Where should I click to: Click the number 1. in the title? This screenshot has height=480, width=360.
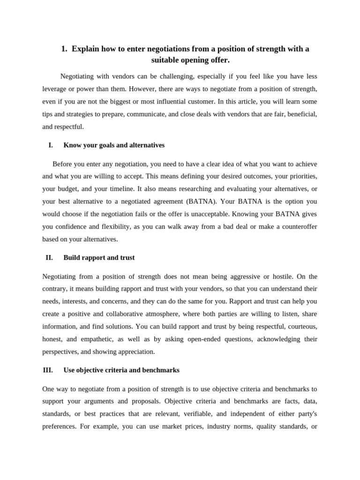[x=64, y=49]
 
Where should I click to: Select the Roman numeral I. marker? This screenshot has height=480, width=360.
[x=51, y=145]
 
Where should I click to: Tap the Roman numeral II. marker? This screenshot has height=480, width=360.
[x=49, y=258]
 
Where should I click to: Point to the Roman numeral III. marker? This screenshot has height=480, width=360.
[x=48, y=370]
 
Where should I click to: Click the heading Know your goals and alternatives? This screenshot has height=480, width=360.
[x=114, y=145]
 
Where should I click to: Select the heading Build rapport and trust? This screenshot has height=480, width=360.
[x=99, y=258]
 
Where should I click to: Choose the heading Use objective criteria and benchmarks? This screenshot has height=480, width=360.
[x=121, y=370]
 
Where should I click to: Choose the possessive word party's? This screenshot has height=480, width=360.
[x=304, y=414]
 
